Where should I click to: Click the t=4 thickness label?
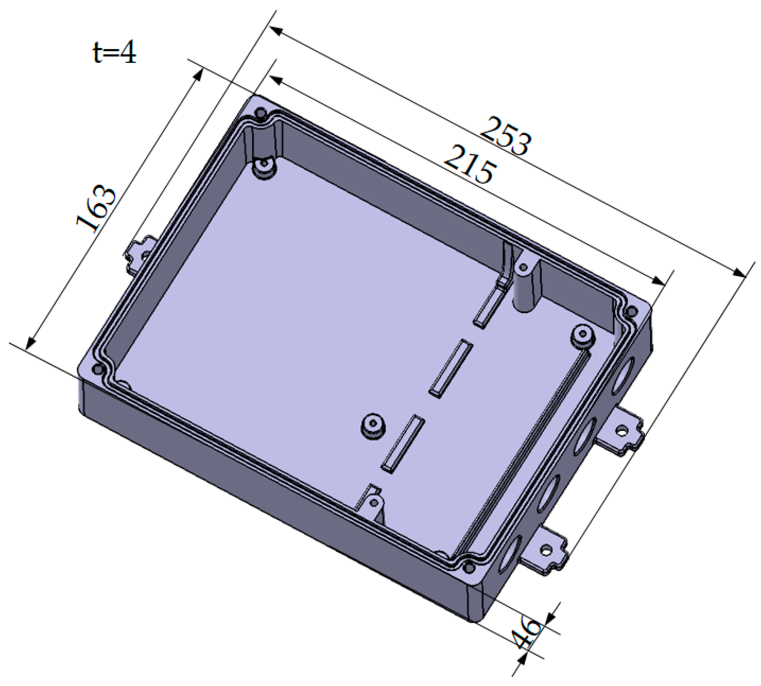point(114,52)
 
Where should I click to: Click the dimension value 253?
point(506,136)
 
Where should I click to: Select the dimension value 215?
point(469,165)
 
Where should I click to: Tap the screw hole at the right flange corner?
point(629,312)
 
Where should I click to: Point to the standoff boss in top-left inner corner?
point(265,168)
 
